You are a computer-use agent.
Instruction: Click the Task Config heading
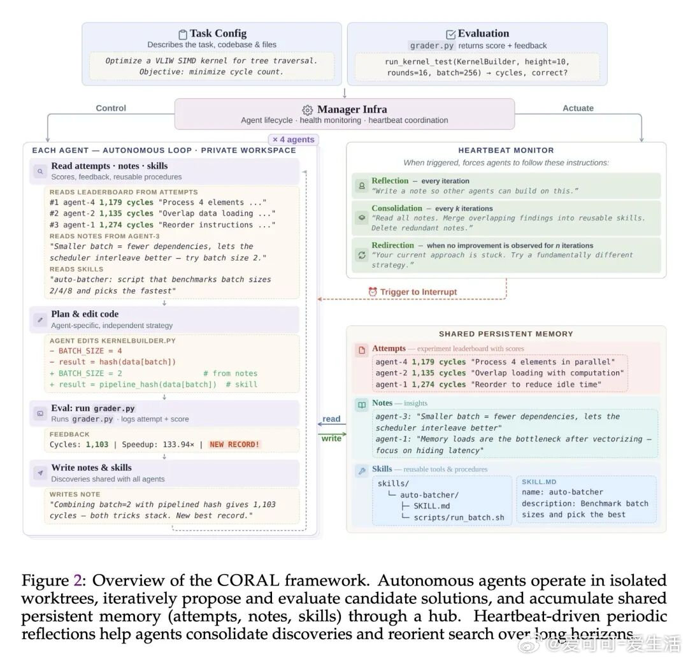coord(213,34)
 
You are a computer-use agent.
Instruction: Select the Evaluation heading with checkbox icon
coord(477,34)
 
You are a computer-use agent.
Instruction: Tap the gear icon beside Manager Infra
coord(307,110)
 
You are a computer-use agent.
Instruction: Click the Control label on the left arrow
coord(111,108)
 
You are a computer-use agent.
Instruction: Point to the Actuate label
coord(578,108)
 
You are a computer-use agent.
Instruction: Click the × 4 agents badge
coord(293,139)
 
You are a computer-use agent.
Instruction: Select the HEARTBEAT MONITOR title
coord(506,150)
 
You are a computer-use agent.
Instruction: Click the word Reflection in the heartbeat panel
coord(390,181)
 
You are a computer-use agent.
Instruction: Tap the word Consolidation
coord(396,208)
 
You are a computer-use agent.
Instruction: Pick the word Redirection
coord(392,245)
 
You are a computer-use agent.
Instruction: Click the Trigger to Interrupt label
coord(419,292)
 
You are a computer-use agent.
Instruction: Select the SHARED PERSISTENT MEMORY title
coord(506,334)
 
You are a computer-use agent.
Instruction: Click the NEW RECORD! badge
coord(234,444)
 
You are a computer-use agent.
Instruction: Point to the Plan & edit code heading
coord(85,314)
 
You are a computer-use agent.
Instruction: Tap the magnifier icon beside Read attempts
coord(39,171)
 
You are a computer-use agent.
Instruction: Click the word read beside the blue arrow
coord(331,419)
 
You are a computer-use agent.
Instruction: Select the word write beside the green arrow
coord(331,438)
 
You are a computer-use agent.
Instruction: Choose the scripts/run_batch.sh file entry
coord(459,517)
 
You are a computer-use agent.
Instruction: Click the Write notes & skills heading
coord(91,468)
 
